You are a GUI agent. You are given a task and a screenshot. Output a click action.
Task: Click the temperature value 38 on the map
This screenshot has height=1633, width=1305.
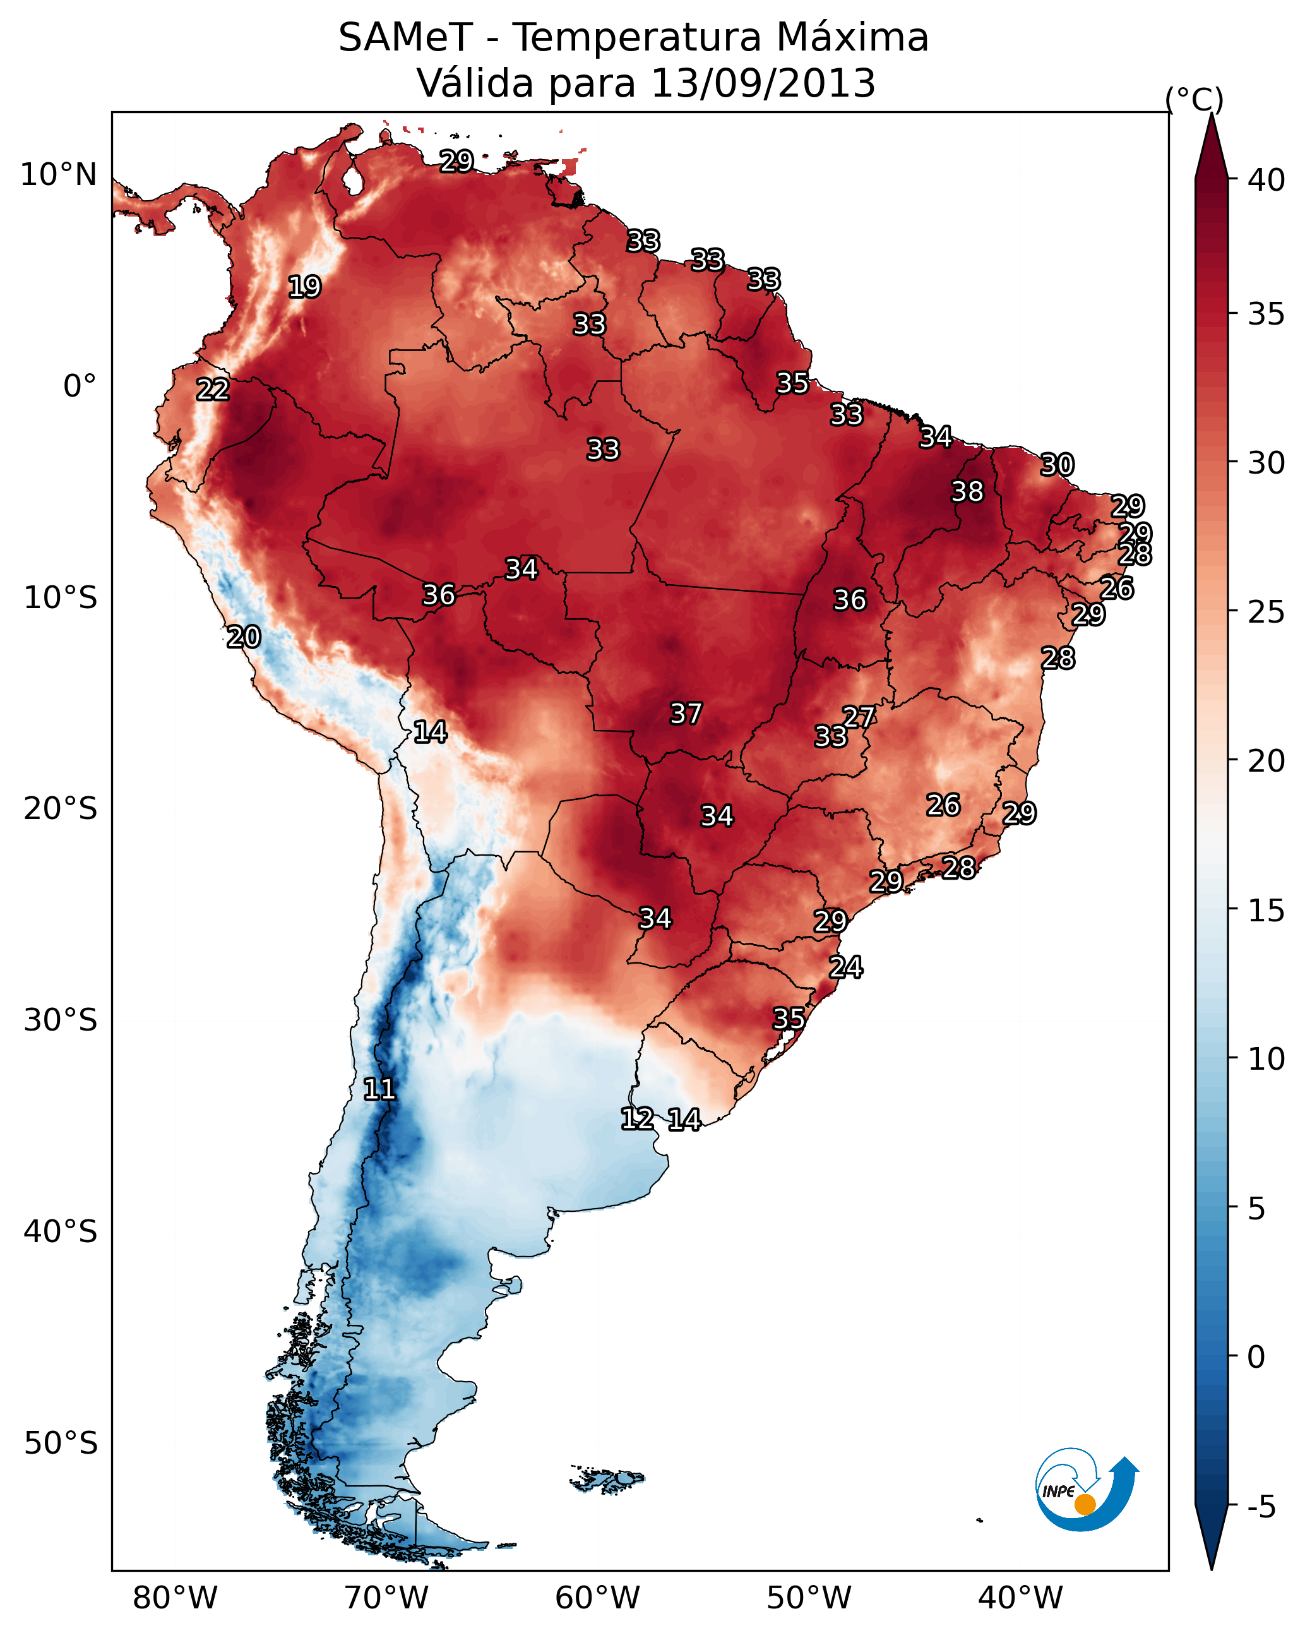click(x=967, y=491)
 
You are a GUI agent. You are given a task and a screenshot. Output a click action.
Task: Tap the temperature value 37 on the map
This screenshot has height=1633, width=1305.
click(x=686, y=714)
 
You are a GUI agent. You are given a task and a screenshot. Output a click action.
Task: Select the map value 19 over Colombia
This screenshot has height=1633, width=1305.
click(x=304, y=287)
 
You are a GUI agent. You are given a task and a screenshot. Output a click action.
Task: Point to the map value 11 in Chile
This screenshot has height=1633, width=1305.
click(x=379, y=1089)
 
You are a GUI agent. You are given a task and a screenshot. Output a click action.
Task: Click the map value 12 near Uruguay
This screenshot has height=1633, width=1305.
click(x=637, y=1119)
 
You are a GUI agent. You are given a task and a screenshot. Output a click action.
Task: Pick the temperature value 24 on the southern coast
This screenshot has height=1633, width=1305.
click(x=845, y=967)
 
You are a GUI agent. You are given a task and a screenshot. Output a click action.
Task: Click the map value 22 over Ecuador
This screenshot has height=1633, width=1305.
click(x=213, y=390)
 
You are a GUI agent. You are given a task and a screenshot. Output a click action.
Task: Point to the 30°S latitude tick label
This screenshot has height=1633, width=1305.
click(x=61, y=1020)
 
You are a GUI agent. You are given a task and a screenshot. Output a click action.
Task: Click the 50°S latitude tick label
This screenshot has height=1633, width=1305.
click(x=61, y=1444)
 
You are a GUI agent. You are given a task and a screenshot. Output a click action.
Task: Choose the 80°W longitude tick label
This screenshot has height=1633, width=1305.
click(x=175, y=1598)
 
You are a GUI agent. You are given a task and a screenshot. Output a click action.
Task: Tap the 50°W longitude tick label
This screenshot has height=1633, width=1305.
click(x=809, y=1598)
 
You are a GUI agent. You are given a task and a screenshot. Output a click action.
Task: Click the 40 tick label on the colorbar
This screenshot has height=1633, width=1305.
click(x=1266, y=180)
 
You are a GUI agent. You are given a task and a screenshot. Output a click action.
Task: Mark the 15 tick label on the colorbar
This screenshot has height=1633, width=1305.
click(x=1266, y=911)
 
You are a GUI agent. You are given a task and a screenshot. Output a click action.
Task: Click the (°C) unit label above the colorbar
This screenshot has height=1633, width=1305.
click(x=1195, y=99)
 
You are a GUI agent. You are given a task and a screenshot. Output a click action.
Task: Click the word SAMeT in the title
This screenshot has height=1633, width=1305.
click(x=405, y=37)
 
